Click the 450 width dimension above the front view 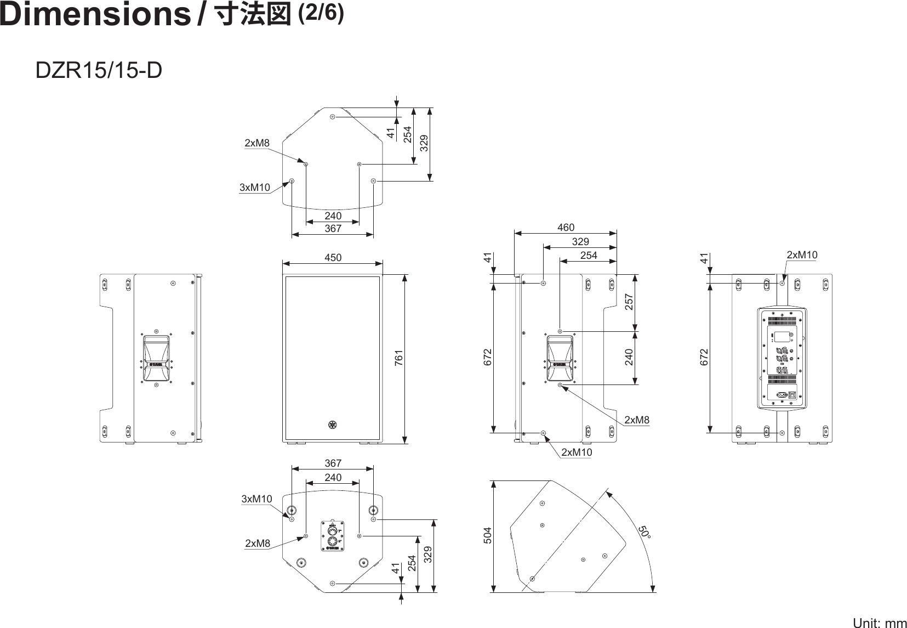[x=333, y=257]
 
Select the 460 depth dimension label [x=566, y=227]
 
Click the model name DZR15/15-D [x=99, y=70]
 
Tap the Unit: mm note [x=880, y=623]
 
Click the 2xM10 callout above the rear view [x=802, y=255]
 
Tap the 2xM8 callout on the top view [x=257, y=143]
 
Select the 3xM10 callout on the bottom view [x=256, y=499]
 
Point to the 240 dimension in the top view [x=333, y=216]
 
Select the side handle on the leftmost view [x=156, y=358]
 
